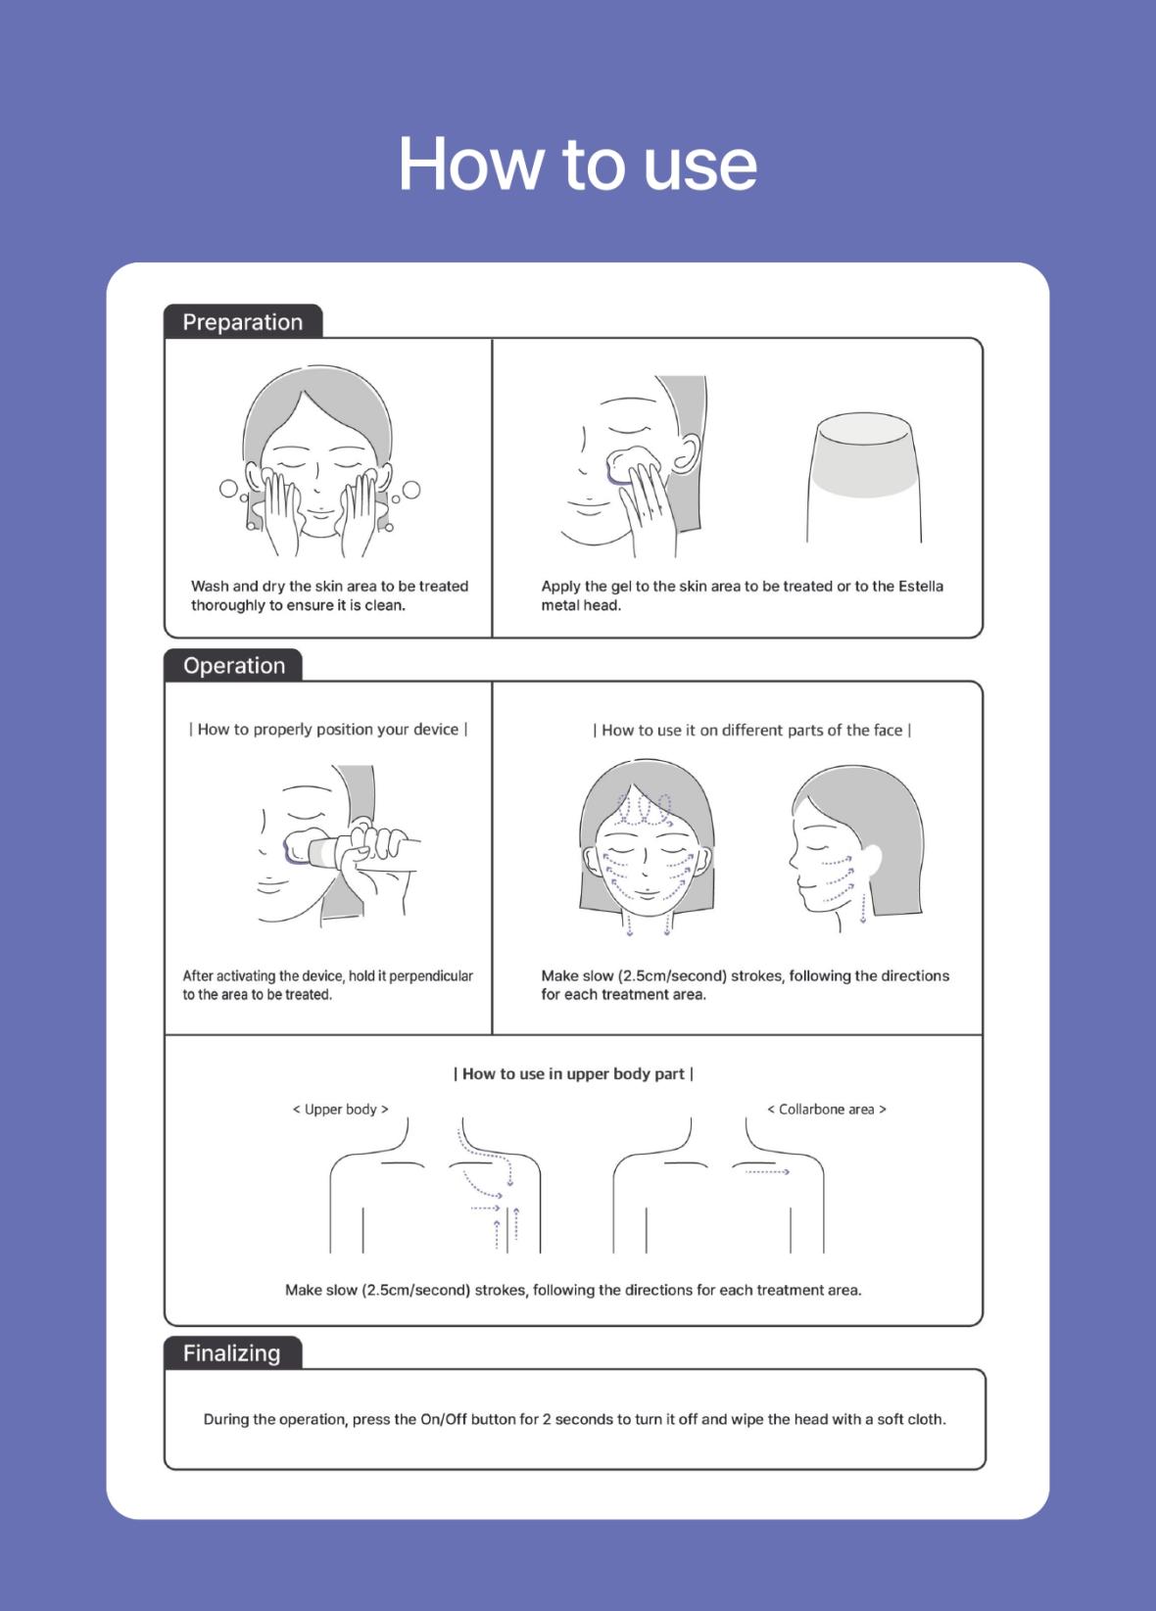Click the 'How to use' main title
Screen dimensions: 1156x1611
pyautogui.click(x=578, y=164)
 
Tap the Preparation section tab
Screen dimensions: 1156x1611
pyautogui.click(x=243, y=321)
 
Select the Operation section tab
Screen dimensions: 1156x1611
pyautogui.click(x=234, y=665)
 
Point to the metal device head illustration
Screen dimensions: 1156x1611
pyautogui.click(x=863, y=477)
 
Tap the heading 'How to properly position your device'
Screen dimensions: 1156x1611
pyautogui.click(x=328, y=730)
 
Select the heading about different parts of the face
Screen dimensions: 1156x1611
pyautogui.click(x=751, y=730)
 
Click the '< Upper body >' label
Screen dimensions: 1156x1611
pyautogui.click(x=340, y=1109)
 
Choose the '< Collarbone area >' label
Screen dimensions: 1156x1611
pyautogui.click(x=827, y=1109)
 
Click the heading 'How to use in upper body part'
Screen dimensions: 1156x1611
pyautogui.click(x=573, y=1073)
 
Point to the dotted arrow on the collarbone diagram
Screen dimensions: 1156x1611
pyautogui.click(x=767, y=1171)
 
